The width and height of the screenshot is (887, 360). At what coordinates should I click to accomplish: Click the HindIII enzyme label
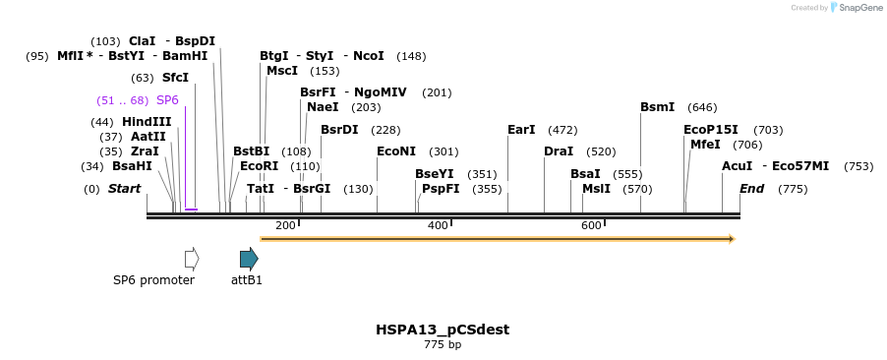147,122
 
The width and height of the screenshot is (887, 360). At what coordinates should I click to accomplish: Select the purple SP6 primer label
167,100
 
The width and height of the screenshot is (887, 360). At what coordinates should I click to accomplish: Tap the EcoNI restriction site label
396,151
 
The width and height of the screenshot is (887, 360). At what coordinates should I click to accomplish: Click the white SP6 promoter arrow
192,259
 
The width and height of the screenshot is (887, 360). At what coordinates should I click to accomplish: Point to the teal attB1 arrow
249,259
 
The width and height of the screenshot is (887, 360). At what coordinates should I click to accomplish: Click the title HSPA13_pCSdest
443,330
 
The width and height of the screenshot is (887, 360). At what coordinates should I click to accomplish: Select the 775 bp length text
443,345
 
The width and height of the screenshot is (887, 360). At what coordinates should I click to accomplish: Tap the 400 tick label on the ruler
438,225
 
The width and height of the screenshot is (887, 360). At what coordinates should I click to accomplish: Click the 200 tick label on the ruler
285,225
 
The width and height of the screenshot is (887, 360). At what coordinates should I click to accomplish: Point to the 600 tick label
591,225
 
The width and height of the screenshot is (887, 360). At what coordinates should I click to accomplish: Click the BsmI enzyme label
658,107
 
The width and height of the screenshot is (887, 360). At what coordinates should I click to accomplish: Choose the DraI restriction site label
559,151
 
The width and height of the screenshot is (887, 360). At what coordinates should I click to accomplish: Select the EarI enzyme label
521,130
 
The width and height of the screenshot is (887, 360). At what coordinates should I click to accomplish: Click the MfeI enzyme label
705,145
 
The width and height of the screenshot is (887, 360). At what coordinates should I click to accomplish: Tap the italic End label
752,189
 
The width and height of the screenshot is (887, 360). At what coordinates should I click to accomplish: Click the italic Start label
125,189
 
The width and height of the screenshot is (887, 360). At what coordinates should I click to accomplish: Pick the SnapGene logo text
859,8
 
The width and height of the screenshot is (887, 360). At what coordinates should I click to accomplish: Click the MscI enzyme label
282,71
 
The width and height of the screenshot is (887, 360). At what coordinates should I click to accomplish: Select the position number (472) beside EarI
562,130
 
